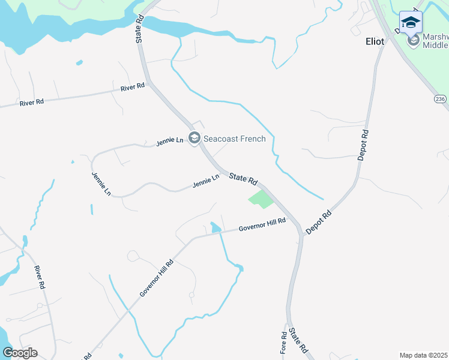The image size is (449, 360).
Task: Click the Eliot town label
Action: (375, 42)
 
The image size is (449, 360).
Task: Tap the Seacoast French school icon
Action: (194, 139)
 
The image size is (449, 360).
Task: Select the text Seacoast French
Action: (234, 139)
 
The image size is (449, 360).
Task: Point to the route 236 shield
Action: (441, 98)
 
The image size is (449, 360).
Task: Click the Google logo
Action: (20, 353)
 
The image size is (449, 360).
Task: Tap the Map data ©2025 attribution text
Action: (424, 355)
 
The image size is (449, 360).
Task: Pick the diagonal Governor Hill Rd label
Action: (156, 277)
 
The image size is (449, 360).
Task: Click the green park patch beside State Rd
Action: (261, 199)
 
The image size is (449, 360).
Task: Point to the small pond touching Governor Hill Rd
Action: (215, 227)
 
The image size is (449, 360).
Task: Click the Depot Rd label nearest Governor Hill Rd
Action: (318, 223)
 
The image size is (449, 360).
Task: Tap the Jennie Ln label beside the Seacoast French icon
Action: (169, 142)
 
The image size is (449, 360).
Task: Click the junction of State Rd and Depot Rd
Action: (301, 231)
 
